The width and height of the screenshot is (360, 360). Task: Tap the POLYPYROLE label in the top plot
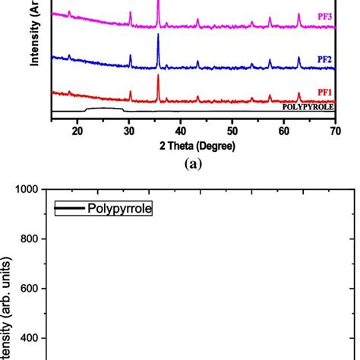308,107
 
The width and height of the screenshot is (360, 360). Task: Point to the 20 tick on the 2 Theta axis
77,131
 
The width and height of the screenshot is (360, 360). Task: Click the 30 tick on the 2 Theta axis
129,131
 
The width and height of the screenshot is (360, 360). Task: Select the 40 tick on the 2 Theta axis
181,131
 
